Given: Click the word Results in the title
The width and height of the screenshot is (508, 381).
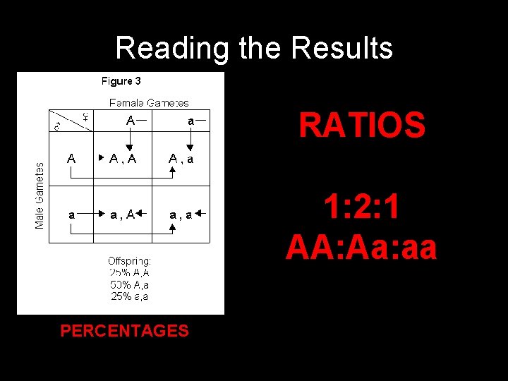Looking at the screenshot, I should tap(341, 48).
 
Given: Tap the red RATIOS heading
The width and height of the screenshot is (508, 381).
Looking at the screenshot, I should tap(361, 126).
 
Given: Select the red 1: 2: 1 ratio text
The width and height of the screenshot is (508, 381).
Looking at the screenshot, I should tap(363, 208).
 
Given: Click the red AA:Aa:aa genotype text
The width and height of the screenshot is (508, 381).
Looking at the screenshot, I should tap(361, 248).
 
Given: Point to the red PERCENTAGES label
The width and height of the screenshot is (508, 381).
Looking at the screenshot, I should tap(124, 330).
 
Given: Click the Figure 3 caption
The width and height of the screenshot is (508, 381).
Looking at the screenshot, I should tap(121, 81).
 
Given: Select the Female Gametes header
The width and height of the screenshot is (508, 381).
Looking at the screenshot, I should tap(149, 103).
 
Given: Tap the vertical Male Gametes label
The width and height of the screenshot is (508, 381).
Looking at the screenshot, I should tap(40, 195).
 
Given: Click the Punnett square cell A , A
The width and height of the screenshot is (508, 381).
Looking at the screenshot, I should tap(123, 159).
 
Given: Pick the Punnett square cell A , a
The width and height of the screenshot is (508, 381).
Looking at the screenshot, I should tap(181, 159).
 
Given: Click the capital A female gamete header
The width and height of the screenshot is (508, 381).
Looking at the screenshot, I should tap(131, 121).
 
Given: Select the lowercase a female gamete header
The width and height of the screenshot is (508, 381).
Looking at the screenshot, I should tap(190, 121).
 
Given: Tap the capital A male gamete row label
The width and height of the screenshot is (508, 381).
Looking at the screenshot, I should tap(71, 159).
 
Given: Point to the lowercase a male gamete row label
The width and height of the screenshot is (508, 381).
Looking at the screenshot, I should tap(71, 214).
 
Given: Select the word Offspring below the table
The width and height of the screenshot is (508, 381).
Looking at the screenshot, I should tap(129, 260).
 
